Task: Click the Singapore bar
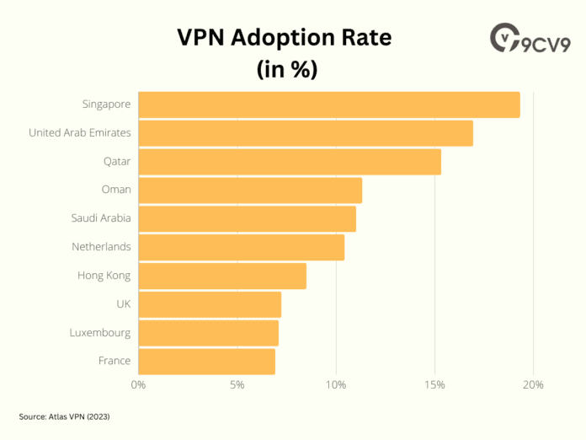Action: [x=329, y=105]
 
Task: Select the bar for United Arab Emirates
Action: [x=306, y=133]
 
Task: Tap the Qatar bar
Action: [x=290, y=162]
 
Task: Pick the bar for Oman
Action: [x=250, y=190]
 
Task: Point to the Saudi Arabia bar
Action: [x=247, y=219]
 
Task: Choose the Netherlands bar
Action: [x=242, y=248]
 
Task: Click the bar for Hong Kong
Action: [x=222, y=276]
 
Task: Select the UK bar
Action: [x=210, y=304]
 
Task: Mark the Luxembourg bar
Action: [x=208, y=333]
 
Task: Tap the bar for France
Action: [x=206, y=362]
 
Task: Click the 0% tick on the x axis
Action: [x=139, y=385]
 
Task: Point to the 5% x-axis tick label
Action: [x=237, y=385]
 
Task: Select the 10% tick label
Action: [x=336, y=385]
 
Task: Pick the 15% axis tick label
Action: [x=434, y=385]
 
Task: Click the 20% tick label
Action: [x=533, y=385]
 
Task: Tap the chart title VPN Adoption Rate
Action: [x=284, y=39]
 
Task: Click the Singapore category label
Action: [x=106, y=105]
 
